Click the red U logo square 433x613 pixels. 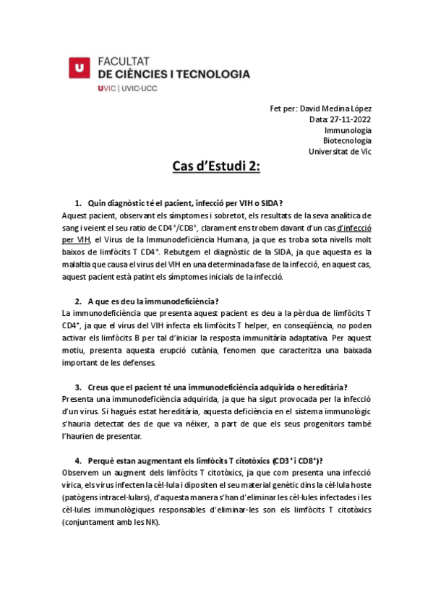point(80,67)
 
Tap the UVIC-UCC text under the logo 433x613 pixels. point(140,88)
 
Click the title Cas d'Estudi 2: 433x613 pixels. point(216,168)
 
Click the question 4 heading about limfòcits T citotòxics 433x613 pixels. point(205,461)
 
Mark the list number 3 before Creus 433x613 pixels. point(77,387)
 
